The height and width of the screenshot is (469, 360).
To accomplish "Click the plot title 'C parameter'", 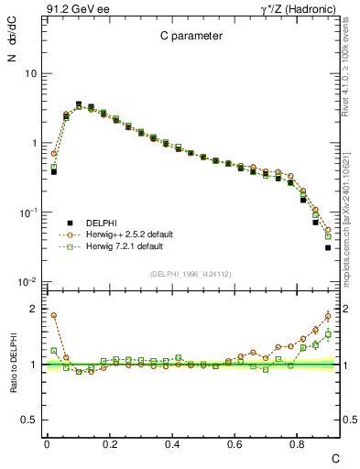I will pyautogui.click(x=187, y=37).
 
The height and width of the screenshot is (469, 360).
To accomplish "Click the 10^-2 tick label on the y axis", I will pyautogui.click(x=27, y=282).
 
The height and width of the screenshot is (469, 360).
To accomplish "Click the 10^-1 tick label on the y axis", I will pyautogui.click(x=27, y=213).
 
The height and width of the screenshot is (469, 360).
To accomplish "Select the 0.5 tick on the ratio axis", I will pyautogui.click(x=29, y=420).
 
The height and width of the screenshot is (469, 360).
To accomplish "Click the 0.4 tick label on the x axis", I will pyautogui.click(x=172, y=444).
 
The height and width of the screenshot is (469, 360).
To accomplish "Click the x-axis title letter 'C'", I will pyautogui.click(x=334, y=457).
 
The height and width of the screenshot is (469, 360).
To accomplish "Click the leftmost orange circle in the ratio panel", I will pyautogui.click(x=54, y=315).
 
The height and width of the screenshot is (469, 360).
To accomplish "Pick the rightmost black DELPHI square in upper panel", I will pyautogui.click(x=328, y=247).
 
